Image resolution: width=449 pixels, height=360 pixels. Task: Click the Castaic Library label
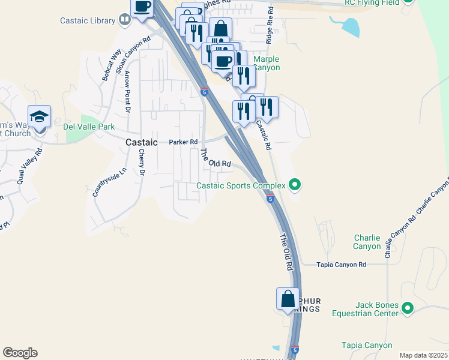pos(88,20)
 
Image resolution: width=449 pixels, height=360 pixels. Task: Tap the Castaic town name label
pos(142,142)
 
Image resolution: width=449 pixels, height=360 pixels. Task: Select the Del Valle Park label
pos(89,127)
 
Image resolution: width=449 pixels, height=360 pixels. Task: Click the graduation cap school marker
pos(39,117)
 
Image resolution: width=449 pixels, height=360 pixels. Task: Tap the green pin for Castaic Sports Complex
pos(294,185)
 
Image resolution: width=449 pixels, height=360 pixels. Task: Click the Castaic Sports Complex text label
pos(241,185)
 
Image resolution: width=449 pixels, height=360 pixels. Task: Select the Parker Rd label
pos(183,142)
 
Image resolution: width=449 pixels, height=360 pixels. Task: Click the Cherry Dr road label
pos(142,162)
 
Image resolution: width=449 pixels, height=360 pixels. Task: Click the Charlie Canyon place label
pos(367,242)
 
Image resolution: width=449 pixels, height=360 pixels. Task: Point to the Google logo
pos(20,353)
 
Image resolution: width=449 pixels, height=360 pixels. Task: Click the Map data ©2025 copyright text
pos(423,355)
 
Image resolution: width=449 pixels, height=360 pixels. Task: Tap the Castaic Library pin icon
pos(124,20)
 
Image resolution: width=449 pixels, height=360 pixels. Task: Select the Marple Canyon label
pos(267,63)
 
